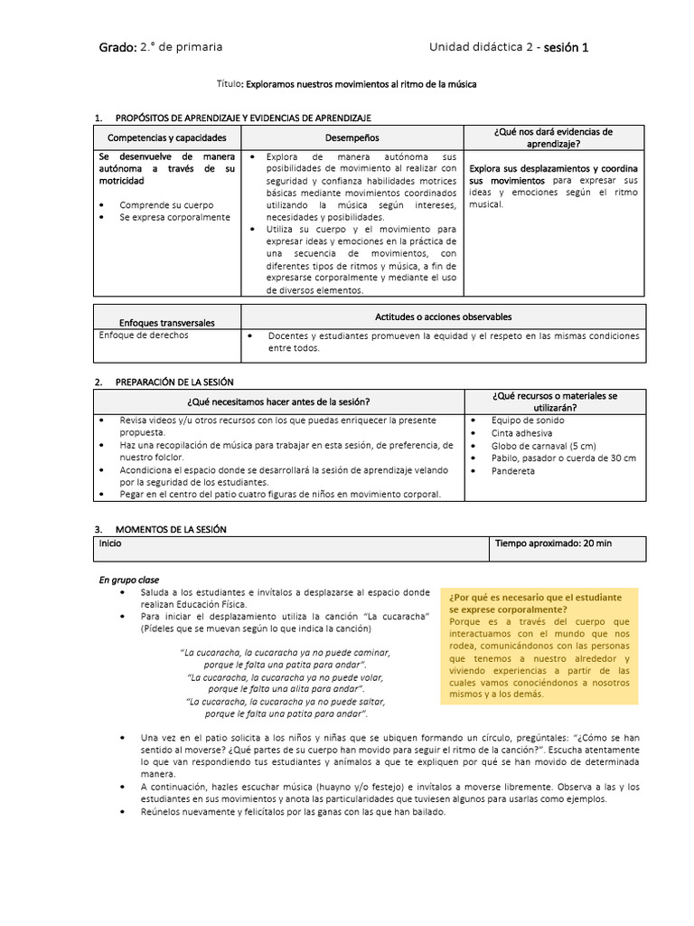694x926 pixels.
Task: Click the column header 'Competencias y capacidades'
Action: (x=167, y=137)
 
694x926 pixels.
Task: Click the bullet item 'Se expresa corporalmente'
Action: (x=174, y=217)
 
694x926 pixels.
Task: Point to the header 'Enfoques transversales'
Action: (x=167, y=323)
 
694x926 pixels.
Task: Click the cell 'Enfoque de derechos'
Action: (x=144, y=335)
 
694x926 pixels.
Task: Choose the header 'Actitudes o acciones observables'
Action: (x=443, y=317)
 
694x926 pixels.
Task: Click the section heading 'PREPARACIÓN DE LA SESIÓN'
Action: (x=174, y=383)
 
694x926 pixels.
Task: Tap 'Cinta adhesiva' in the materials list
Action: (x=523, y=433)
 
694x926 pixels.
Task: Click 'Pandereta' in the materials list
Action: (x=513, y=471)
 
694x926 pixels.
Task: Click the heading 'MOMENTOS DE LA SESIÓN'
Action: (x=171, y=529)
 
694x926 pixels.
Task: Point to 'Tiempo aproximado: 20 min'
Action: (x=553, y=543)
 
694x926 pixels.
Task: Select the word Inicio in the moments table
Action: (x=109, y=543)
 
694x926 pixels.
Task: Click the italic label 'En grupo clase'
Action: (x=131, y=579)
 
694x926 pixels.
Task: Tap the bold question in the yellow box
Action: (x=535, y=603)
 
